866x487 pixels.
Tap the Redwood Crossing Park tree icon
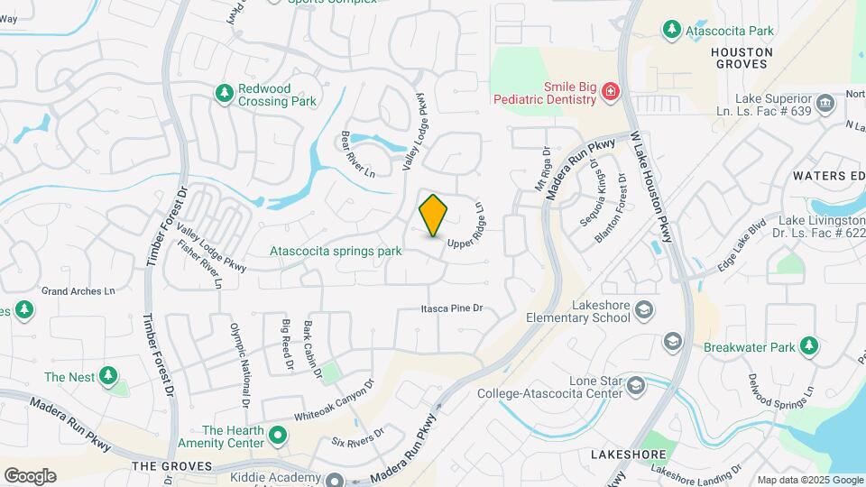coord(224,93)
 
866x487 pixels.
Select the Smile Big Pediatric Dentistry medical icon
coord(611,92)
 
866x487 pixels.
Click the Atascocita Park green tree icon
coord(671,31)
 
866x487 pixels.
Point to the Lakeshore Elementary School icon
coord(644,310)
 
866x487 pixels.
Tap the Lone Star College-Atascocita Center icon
coord(637,387)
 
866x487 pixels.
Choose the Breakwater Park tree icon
coord(809,345)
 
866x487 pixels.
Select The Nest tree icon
coord(108,375)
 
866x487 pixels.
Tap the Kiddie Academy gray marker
coord(335,480)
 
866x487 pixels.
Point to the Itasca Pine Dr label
coord(452,308)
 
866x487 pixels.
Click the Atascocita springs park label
coord(336,252)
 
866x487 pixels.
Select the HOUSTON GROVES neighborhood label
coord(742,59)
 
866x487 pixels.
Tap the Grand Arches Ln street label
coord(79,291)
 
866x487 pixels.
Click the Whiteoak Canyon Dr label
coord(333,403)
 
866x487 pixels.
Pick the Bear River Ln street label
coord(357,153)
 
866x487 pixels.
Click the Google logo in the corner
coord(30,475)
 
